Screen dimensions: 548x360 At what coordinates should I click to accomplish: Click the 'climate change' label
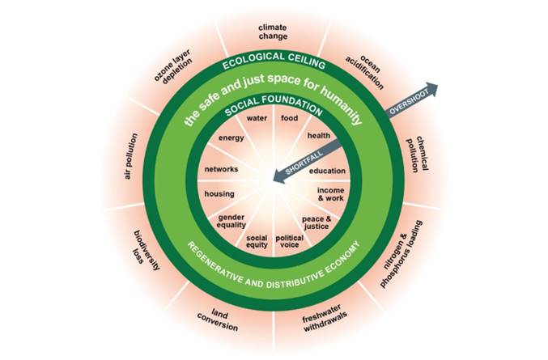273,32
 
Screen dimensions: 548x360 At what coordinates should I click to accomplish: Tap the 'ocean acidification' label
365,71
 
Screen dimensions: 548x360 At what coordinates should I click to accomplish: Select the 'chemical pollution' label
417,155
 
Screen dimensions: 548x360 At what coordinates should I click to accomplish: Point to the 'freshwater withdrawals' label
325,318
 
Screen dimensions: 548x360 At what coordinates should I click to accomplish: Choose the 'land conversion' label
218,320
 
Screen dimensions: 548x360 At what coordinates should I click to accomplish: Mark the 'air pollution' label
131,156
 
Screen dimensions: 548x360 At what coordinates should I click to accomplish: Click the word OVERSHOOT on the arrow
410,102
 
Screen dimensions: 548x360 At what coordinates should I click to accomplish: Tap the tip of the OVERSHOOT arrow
438,85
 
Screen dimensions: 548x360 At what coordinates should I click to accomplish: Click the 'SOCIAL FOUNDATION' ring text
274,105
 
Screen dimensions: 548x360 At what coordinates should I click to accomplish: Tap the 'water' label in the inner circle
257,118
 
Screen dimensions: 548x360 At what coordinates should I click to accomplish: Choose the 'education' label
327,171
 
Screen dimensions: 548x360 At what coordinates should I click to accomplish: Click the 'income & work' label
330,194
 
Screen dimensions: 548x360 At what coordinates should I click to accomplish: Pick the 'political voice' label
289,241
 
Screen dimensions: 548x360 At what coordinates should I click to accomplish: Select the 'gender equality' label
231,221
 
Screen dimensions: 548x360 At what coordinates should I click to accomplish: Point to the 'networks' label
221,169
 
